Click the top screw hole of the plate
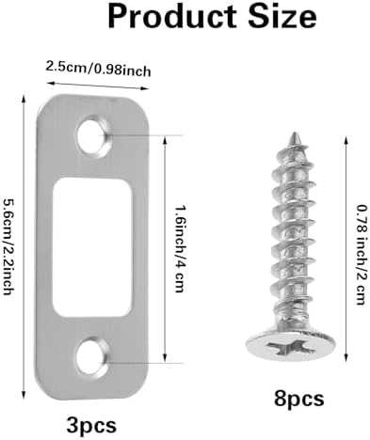pyautogui.click(x=95, y=137)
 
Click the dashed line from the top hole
pyautogui.click(x=141, y=136)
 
